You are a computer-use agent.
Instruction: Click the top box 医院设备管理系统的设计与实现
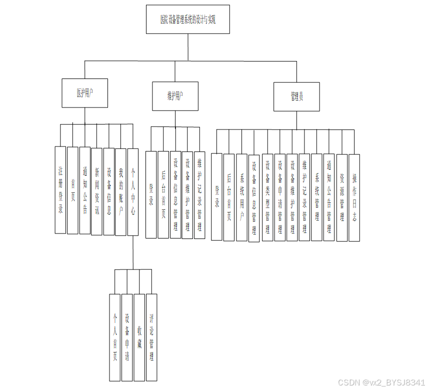tap(187, 19)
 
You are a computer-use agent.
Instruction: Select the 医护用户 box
tap(84, 93)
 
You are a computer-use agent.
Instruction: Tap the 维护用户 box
tap(175, 95)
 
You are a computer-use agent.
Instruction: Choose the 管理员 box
tap(296, 96)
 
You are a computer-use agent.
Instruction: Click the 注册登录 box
tap(60, 190)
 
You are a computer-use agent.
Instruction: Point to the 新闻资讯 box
tap(97, 190)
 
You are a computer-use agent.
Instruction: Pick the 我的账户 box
tap(120, 191)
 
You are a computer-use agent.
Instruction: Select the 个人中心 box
tap(133, 191)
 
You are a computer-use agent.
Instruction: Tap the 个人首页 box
tap(115, 337)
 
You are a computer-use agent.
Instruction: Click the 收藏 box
tap(139, 337)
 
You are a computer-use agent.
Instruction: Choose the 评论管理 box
tap(151, 337)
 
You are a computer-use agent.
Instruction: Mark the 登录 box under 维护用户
tap(151, 194)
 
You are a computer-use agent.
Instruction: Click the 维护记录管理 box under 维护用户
tap(199, 194)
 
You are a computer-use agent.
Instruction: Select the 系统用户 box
tap(241, 197)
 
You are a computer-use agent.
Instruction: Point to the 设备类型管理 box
tap(267, 197)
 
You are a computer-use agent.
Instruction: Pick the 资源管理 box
tap(342, 197)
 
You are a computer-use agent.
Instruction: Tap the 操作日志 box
tap(354, 197)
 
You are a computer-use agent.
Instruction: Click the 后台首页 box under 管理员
tap(229, 197)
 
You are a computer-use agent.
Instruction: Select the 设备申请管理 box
tap(280, 197)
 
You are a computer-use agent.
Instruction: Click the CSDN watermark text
tap(381, 382)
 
